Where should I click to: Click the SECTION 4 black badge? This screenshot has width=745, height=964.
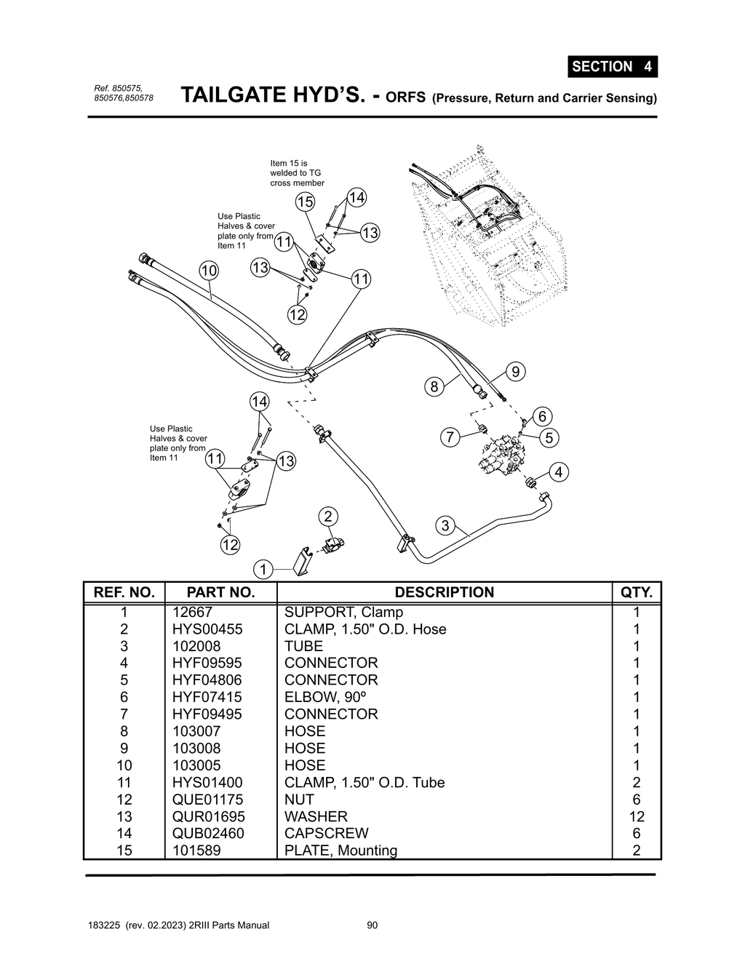(x=612, y=66)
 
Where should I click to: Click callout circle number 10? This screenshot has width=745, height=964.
(x=209, y=271)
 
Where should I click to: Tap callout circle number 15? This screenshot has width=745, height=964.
(x=305, y=202)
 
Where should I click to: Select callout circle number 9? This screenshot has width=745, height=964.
(x=515, y=372)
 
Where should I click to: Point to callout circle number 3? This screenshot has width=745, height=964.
(x=445, y=525)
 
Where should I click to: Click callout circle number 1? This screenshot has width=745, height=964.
(x=263, y=569)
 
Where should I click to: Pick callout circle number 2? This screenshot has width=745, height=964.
(x=328, y=517)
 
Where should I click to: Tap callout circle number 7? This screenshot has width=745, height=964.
(x=450, y=437)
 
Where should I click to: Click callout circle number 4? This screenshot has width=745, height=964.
(x=558, y=472)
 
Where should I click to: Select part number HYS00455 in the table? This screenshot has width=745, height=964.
(x=207, y=629)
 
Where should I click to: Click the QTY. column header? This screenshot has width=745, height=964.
(x=636, y=592)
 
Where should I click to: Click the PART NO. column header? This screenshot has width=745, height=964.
(x=220, y=592)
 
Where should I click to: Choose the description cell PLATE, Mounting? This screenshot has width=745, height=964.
(x=340, y=851)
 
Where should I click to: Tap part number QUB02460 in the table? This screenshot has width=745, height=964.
(x=208, y=833)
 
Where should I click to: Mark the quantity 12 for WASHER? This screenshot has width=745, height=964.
(x=636, y=816)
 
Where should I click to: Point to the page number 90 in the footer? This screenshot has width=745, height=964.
(x=372, y=925)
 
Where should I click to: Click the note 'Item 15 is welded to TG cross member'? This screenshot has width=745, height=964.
(x=297, y=173)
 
